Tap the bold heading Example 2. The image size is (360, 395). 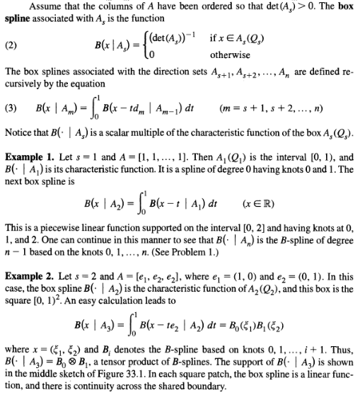coord(30,265)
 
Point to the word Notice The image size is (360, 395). coord(18,134)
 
